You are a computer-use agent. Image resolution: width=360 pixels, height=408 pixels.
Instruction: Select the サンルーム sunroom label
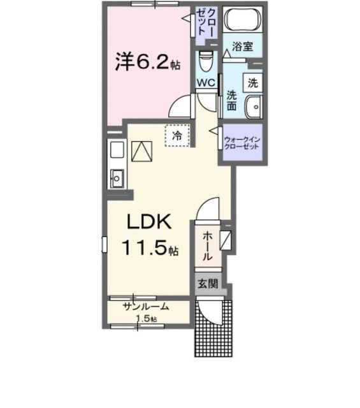pyautogui.click(x=147, y=306)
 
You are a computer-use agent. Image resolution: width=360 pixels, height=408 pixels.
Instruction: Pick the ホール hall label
pyautogui.click(x=208, y=246)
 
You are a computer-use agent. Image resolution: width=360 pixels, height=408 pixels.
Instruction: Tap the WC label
pyautogui.click(x=205, y=83)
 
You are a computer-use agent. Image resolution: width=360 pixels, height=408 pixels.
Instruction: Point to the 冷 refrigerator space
pyautogui.click(x=178, y=135)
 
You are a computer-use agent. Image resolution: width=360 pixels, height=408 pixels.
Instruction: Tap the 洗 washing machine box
pyautogui.click(x=252, y=82)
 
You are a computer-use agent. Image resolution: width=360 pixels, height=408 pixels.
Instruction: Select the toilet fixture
pyautogui.click(x=205, y=62)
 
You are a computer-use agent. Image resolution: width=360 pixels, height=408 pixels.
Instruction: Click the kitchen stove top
pyautogui.click(x=117, y=150)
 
